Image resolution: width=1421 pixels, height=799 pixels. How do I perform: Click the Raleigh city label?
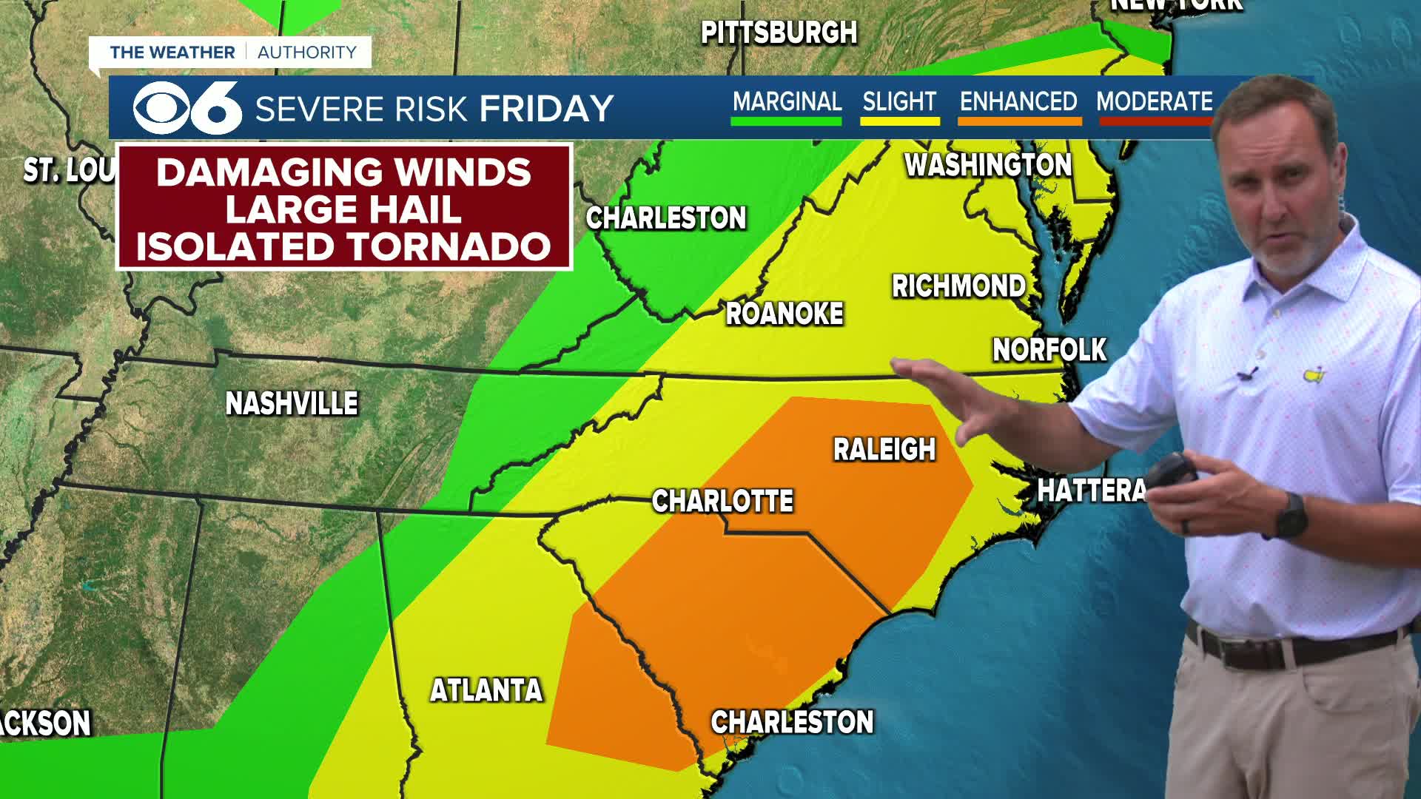[884, 450]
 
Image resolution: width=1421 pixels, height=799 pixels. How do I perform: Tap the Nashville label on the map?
[292, 404]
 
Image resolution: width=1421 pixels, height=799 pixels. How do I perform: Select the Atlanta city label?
[486, 690]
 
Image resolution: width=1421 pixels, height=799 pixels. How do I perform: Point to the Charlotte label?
[722, 502]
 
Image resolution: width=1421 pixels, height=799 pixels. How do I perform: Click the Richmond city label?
[958, 286]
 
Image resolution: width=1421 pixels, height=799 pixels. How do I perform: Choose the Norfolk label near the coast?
[1049, 350]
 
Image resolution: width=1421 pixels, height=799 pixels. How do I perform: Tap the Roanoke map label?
[785, 314]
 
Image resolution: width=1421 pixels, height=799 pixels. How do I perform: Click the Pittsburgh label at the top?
[779, 33]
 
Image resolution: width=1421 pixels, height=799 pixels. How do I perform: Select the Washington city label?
[988, 165]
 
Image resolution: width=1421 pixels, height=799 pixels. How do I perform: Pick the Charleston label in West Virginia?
[666, 218]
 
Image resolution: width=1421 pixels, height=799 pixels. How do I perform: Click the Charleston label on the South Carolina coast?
[792, 722]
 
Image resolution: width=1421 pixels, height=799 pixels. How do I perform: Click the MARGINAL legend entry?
[787, 102]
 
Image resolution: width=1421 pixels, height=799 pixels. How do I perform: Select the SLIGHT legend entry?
[899, 102]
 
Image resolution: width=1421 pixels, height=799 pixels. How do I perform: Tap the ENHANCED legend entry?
[1018, 102]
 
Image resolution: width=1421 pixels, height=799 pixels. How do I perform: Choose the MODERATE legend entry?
[1154, 102]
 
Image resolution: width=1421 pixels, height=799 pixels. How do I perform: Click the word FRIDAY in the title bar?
[546, 109]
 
